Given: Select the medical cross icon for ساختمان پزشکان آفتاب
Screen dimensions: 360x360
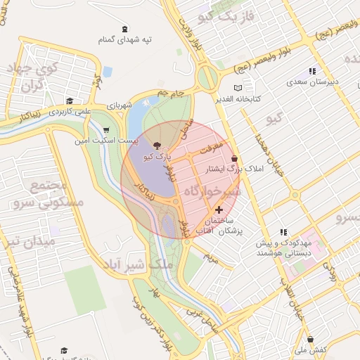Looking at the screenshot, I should click(219, 210).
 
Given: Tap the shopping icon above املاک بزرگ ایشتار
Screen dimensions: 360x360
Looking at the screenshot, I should click(233, 159).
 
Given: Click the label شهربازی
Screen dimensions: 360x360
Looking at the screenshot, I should click(122, 105).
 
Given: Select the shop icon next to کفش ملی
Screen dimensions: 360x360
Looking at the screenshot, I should click(300, 337).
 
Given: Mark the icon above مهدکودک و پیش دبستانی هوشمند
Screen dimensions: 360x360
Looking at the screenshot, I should click(283, 231).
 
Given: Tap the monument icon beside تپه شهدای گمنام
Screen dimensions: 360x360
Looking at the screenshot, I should click(124, 28).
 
